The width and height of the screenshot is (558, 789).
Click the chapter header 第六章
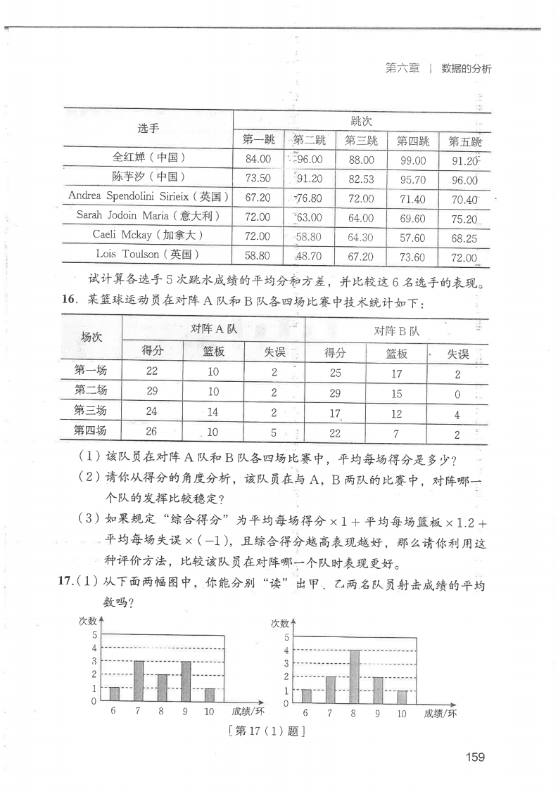(x=402, y=69)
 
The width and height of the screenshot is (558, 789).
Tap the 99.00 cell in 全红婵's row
(x=412, y=160)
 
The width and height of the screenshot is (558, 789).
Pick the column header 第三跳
(x=361, y=140)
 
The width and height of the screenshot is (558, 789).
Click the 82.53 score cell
(x=361, y=179)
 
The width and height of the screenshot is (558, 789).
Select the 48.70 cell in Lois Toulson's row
(x=309, y=257)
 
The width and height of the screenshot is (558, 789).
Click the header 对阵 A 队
(x=214, y=328)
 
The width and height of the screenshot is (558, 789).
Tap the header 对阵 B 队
(x=396, y=331)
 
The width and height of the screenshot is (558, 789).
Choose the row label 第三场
(x=91, y=411)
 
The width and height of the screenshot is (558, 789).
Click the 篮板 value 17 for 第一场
(x=396, y=373)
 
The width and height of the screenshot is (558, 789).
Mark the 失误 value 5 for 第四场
(x=274, y=432)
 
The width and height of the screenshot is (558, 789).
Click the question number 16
(x=68, y=301)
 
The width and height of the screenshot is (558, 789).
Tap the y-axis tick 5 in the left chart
(x=94, y=634)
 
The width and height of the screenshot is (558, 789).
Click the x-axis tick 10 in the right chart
(x=401, y=713)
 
